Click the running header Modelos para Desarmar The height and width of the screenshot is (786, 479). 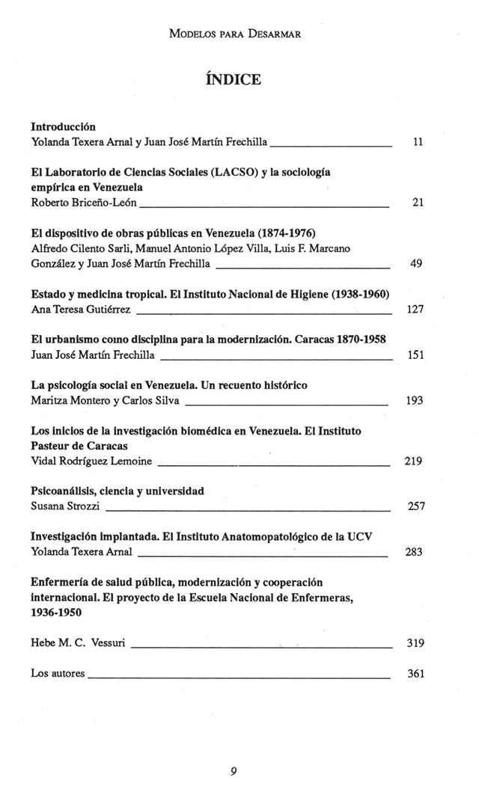[239, 34]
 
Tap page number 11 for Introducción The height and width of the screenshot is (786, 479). [419, 141]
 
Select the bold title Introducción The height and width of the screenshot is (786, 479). [63, 126]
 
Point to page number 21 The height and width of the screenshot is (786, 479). [418, 202]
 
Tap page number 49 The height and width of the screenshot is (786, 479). [418, 263]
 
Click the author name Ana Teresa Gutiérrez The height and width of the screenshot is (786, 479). [82, 309]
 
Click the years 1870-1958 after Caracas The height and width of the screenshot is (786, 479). [354, 339]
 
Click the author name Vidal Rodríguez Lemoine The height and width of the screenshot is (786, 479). [91, 461]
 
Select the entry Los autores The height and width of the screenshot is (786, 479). [58, 673]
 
